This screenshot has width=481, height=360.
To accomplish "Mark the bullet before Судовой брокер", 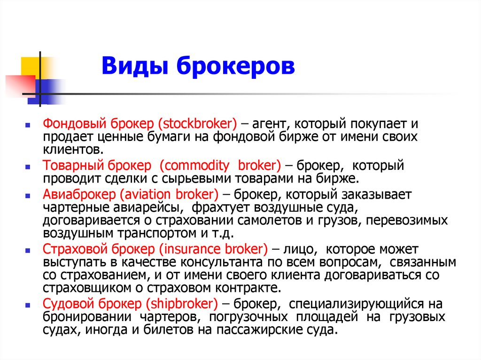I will click(28, 304).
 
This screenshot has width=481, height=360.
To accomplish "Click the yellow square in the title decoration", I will click(30, 66).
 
